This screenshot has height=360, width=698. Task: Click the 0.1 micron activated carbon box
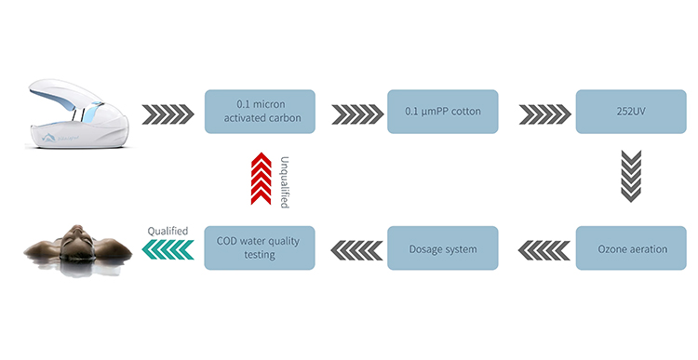pyautogui.click(x=260, y=112)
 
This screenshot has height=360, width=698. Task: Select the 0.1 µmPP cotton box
pyautogui.click(x=442, y=112)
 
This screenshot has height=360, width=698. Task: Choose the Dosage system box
pyautogui.click(x=442, y=248)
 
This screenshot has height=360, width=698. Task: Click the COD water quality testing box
pyautogui.click(x=260, y=248)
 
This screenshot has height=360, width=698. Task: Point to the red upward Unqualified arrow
pyautogui.click(x=259, y=180)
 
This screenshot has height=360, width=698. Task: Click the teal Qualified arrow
pyautogui.click(x=169, y=248)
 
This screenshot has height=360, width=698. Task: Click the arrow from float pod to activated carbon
pyautogui.click(x=168, y=113)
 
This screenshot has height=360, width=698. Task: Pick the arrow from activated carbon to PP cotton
pyautogui.click(x=352, y=113)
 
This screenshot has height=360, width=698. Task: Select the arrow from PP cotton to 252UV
pyautogui.click(x=537, y=113)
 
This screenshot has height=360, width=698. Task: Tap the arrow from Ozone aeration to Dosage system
pyautogui.click(x=538, y=248)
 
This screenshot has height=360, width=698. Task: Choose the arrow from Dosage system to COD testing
pyautogui.click(x=352, y=248)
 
